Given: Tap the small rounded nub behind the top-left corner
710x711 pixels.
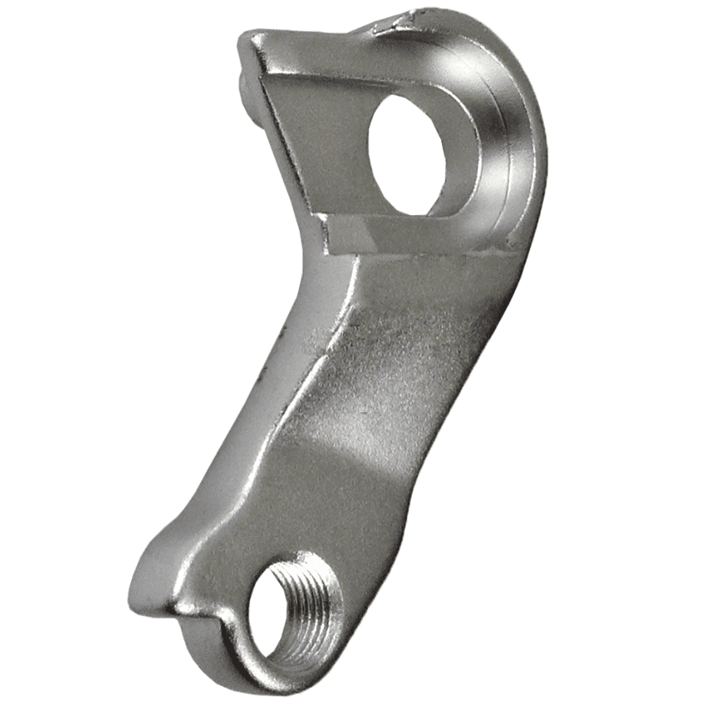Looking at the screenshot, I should [x=244, y=81].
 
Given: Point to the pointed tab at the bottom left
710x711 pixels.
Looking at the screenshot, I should [x=146, y=591].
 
